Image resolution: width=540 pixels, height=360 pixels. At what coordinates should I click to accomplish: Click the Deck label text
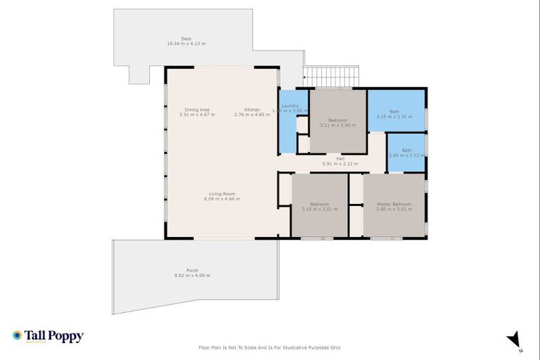[x=186, y=39]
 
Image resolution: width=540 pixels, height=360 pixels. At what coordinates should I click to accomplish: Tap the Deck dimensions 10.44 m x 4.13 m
[x=186, y=44]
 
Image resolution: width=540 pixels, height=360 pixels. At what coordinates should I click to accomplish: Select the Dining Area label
[x=197, y=110]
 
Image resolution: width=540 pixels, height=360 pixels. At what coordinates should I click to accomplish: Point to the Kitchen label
[x=252, y=110]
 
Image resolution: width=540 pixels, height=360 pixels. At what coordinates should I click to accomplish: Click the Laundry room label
[x=290, y=106]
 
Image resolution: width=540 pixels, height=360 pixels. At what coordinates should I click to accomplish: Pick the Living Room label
[x=221, y=194]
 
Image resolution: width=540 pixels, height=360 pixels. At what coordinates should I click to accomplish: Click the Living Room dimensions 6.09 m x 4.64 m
[x=221, y=199]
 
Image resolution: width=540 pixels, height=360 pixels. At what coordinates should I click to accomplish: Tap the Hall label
[x=340, y=159]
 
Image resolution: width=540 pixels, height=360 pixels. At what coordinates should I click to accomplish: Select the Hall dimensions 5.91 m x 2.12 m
[x=340, y=164]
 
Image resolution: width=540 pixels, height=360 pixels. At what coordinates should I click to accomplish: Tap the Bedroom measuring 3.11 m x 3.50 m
[x=337, y=120]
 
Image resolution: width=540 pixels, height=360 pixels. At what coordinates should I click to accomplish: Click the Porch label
[x=193, y=271]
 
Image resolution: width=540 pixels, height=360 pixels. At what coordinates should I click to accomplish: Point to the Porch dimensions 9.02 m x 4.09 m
[x=193, y=276]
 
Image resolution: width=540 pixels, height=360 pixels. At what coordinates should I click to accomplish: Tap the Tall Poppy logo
[x=48, y=336]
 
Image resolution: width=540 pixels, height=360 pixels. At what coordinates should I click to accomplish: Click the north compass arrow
[x=515, y=340]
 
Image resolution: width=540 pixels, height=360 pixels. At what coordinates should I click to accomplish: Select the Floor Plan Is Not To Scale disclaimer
[x=270, y=347]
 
